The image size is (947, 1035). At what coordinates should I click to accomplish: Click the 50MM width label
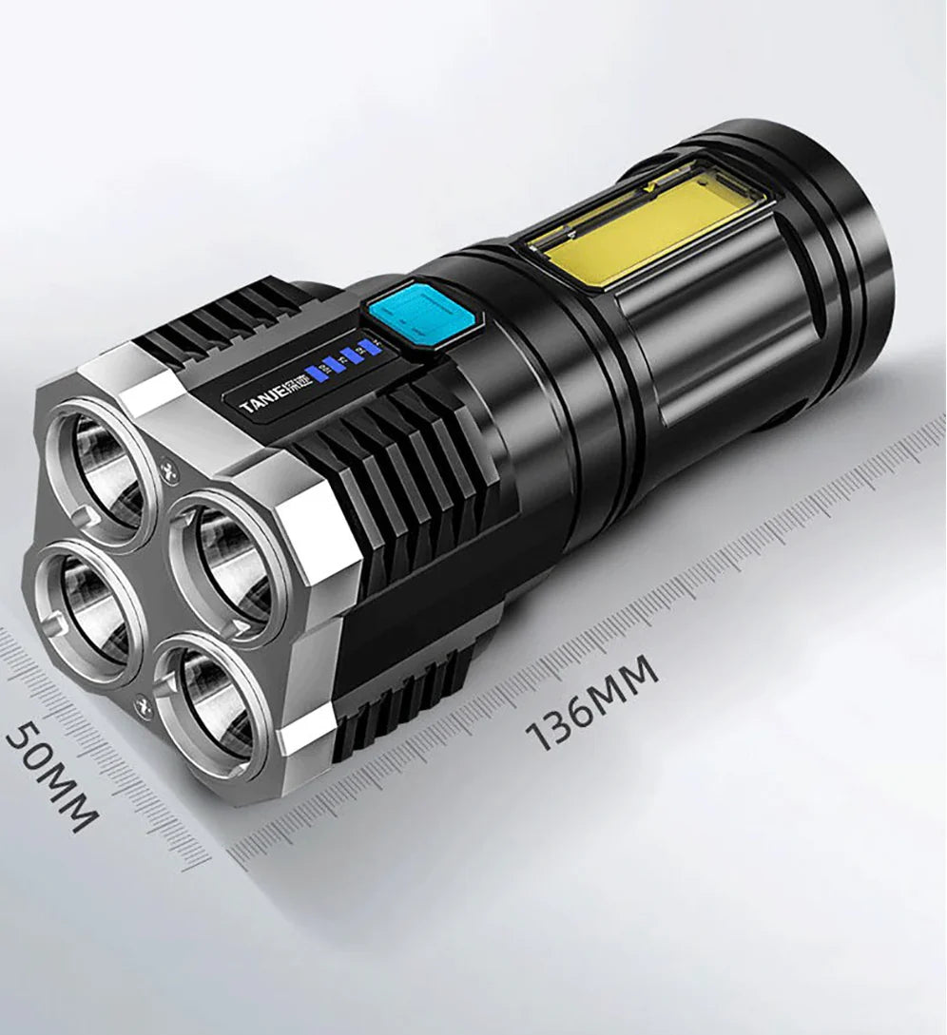pyautogui.click(x=51, y=776)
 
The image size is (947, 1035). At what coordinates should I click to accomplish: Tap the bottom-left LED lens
pyautogui.click(x=87, y=607)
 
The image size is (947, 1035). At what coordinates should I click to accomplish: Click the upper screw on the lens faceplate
pyautogui.click(x=170, y=467)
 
